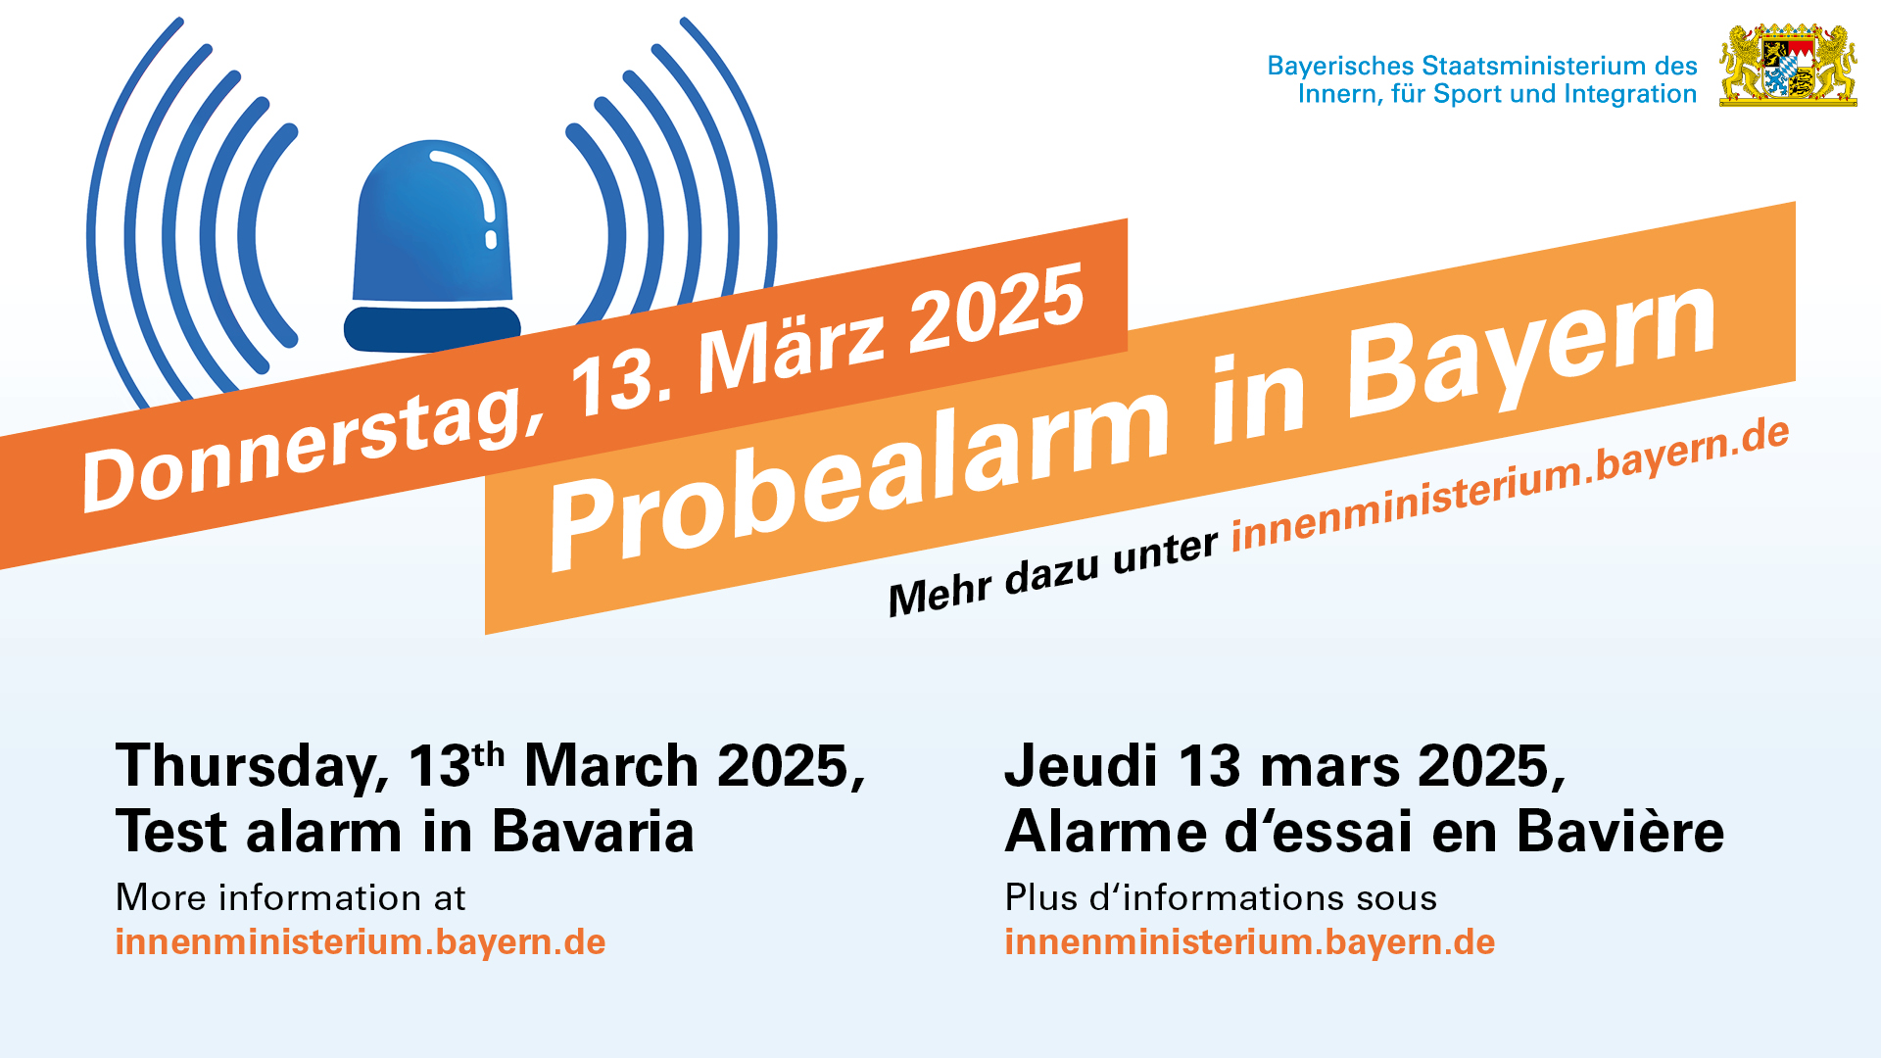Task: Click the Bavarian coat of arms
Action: tap(1788, 65)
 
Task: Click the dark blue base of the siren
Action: tap(432, 328)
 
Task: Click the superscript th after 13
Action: tap(489, 755)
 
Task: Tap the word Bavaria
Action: tap(593, 832)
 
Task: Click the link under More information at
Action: tap(361, 941)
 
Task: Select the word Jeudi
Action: tap(1081, 765)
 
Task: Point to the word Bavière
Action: tap(1620, 832)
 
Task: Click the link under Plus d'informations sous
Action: tap(1250, 941)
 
